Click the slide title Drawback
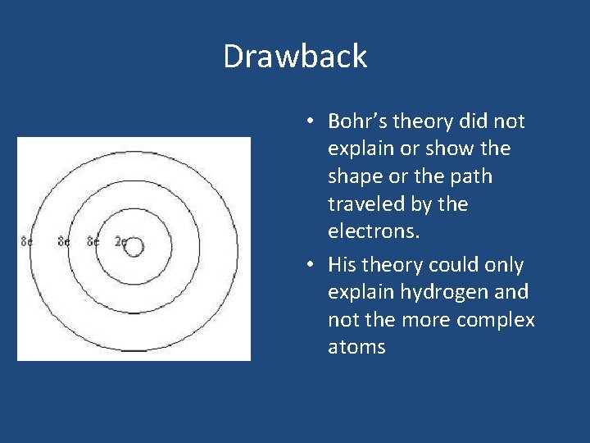click(295, 57)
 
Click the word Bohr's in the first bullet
click(357, 121)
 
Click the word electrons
click(374, 231)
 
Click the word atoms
click(356, 347)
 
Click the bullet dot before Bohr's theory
click(310, 122)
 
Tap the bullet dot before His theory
click(310, 266)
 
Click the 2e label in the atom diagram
click(120, 242)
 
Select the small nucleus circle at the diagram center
click(134, 246)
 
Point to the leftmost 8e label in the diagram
click(27, 242)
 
